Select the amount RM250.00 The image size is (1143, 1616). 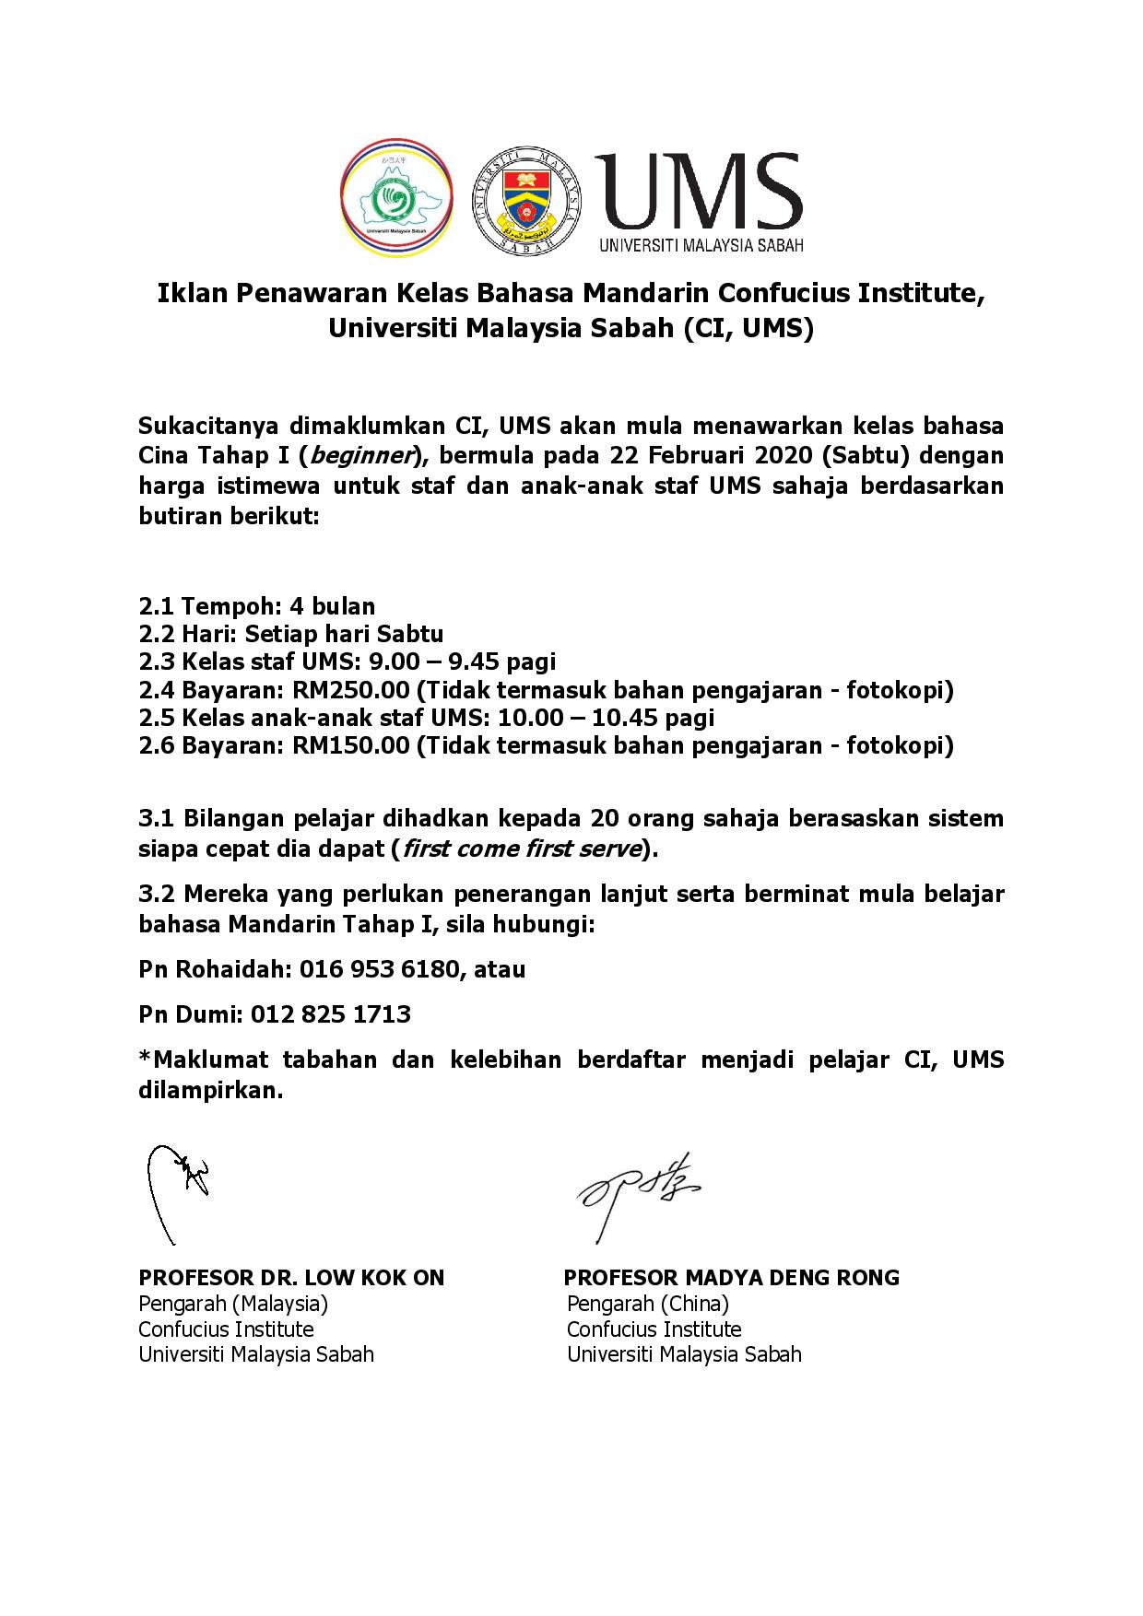pyautogui.click(x=350, y=689)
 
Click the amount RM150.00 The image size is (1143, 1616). pyautogui.click(x=350, y=744)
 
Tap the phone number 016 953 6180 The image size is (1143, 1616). pyautogui.click(x=384, y=969)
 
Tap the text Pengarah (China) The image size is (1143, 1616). pyautogui.click(x=648, y=1304)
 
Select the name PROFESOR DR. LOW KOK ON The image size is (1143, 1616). pyautogui.click(x=291, y=1278)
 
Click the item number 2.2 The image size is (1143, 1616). pyautogui.click(x=156, y=634)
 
